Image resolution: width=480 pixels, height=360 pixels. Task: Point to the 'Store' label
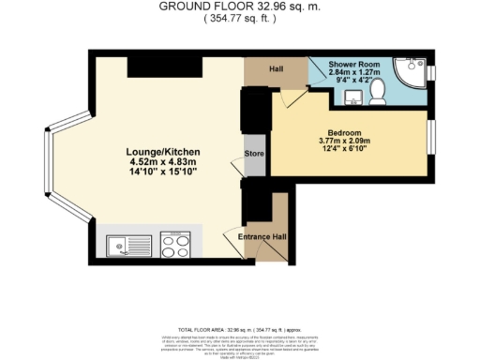(253, 153)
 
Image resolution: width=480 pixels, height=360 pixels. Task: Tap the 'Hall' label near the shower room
(277, 68)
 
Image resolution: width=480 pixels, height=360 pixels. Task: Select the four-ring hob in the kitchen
(175, 245)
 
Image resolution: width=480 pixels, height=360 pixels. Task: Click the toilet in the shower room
(378, 90)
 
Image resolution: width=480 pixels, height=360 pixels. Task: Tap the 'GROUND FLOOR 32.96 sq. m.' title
(239, 6)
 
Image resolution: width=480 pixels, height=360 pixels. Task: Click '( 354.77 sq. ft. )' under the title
(239, 17)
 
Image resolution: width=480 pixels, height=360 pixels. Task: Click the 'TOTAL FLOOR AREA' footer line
(239, 330)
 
